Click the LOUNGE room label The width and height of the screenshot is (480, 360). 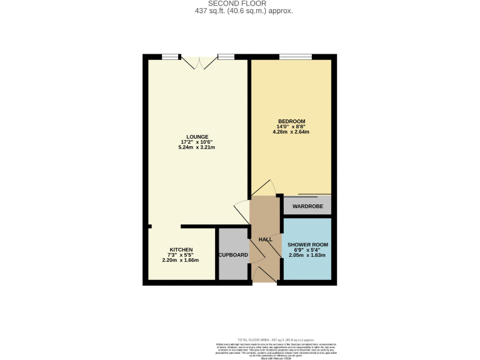197,137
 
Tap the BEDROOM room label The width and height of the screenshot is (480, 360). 291,121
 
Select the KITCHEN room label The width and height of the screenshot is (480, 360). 181,249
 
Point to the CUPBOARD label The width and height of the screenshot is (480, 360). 233,255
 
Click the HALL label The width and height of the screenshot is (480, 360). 266,239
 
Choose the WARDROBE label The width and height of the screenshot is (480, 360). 307,206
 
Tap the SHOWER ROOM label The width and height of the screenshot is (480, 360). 307,244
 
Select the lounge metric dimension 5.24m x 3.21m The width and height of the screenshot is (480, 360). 197,148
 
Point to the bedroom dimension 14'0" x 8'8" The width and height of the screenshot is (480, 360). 291,126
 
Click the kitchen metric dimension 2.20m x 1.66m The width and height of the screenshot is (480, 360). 181,260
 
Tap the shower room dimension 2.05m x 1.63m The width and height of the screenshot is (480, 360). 307,256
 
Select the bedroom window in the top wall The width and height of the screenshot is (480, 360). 295,57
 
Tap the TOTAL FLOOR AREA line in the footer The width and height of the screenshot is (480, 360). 275,337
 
